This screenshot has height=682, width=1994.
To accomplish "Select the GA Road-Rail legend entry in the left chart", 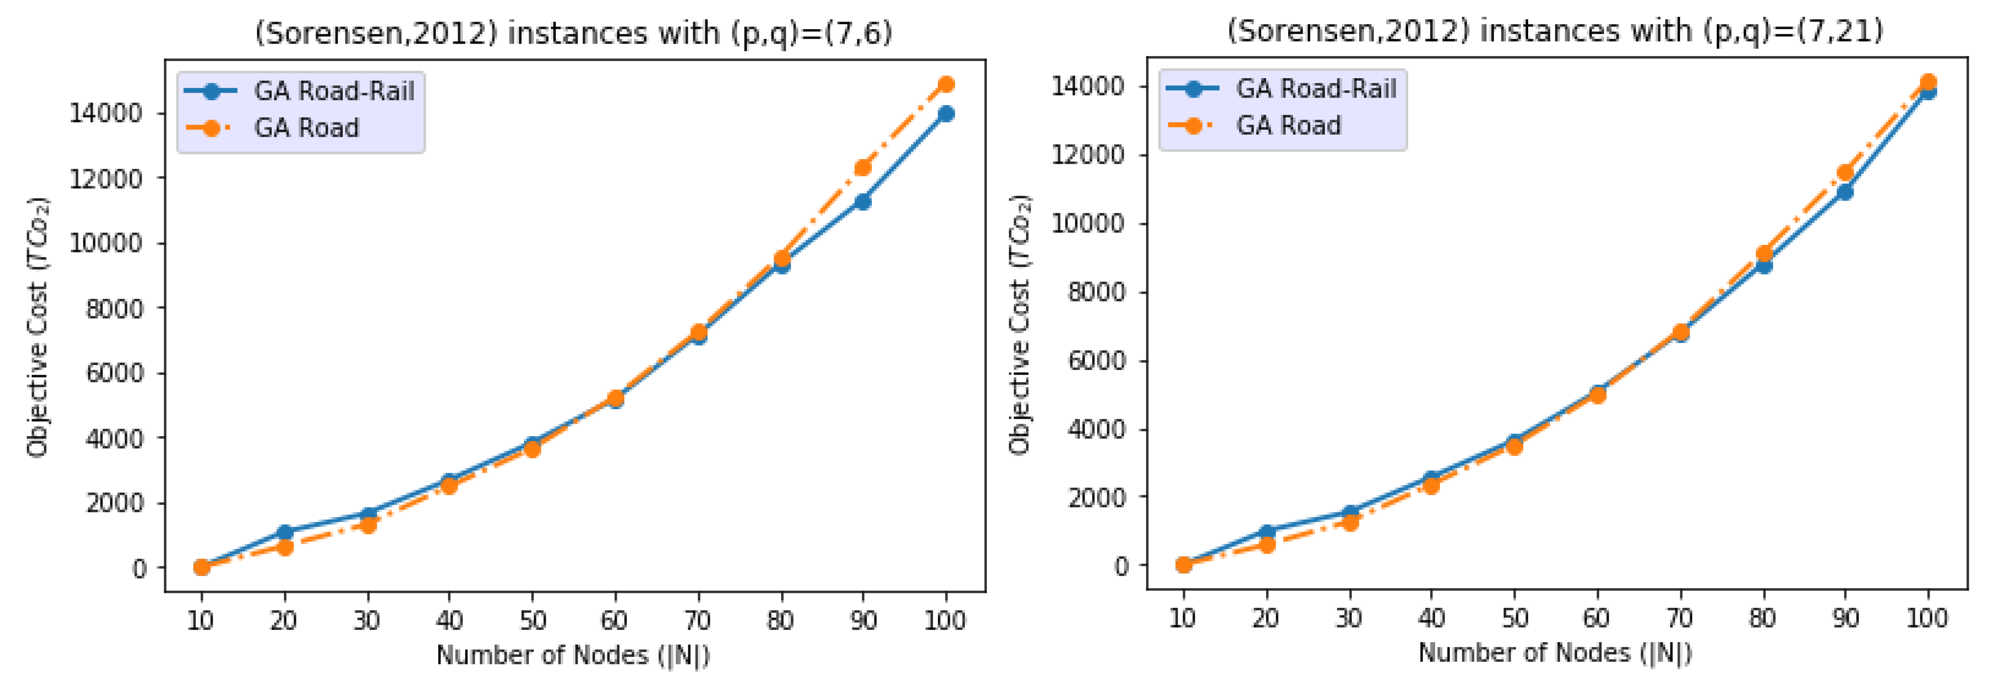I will tap(333, 91).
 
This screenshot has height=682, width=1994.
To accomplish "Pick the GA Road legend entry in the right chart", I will tap(1288, 125).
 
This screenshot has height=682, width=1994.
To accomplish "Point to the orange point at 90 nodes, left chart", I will tap(862, 168).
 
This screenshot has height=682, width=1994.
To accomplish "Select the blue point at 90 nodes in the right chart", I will tap(1845, 191).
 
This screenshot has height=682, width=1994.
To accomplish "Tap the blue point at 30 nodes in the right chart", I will tap(1350, 512).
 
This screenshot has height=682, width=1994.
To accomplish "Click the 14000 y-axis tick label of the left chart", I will tap(106, 114).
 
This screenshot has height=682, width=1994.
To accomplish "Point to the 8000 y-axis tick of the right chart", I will tap(1096, 292).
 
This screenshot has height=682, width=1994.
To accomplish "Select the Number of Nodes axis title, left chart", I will tap(573, 655).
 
